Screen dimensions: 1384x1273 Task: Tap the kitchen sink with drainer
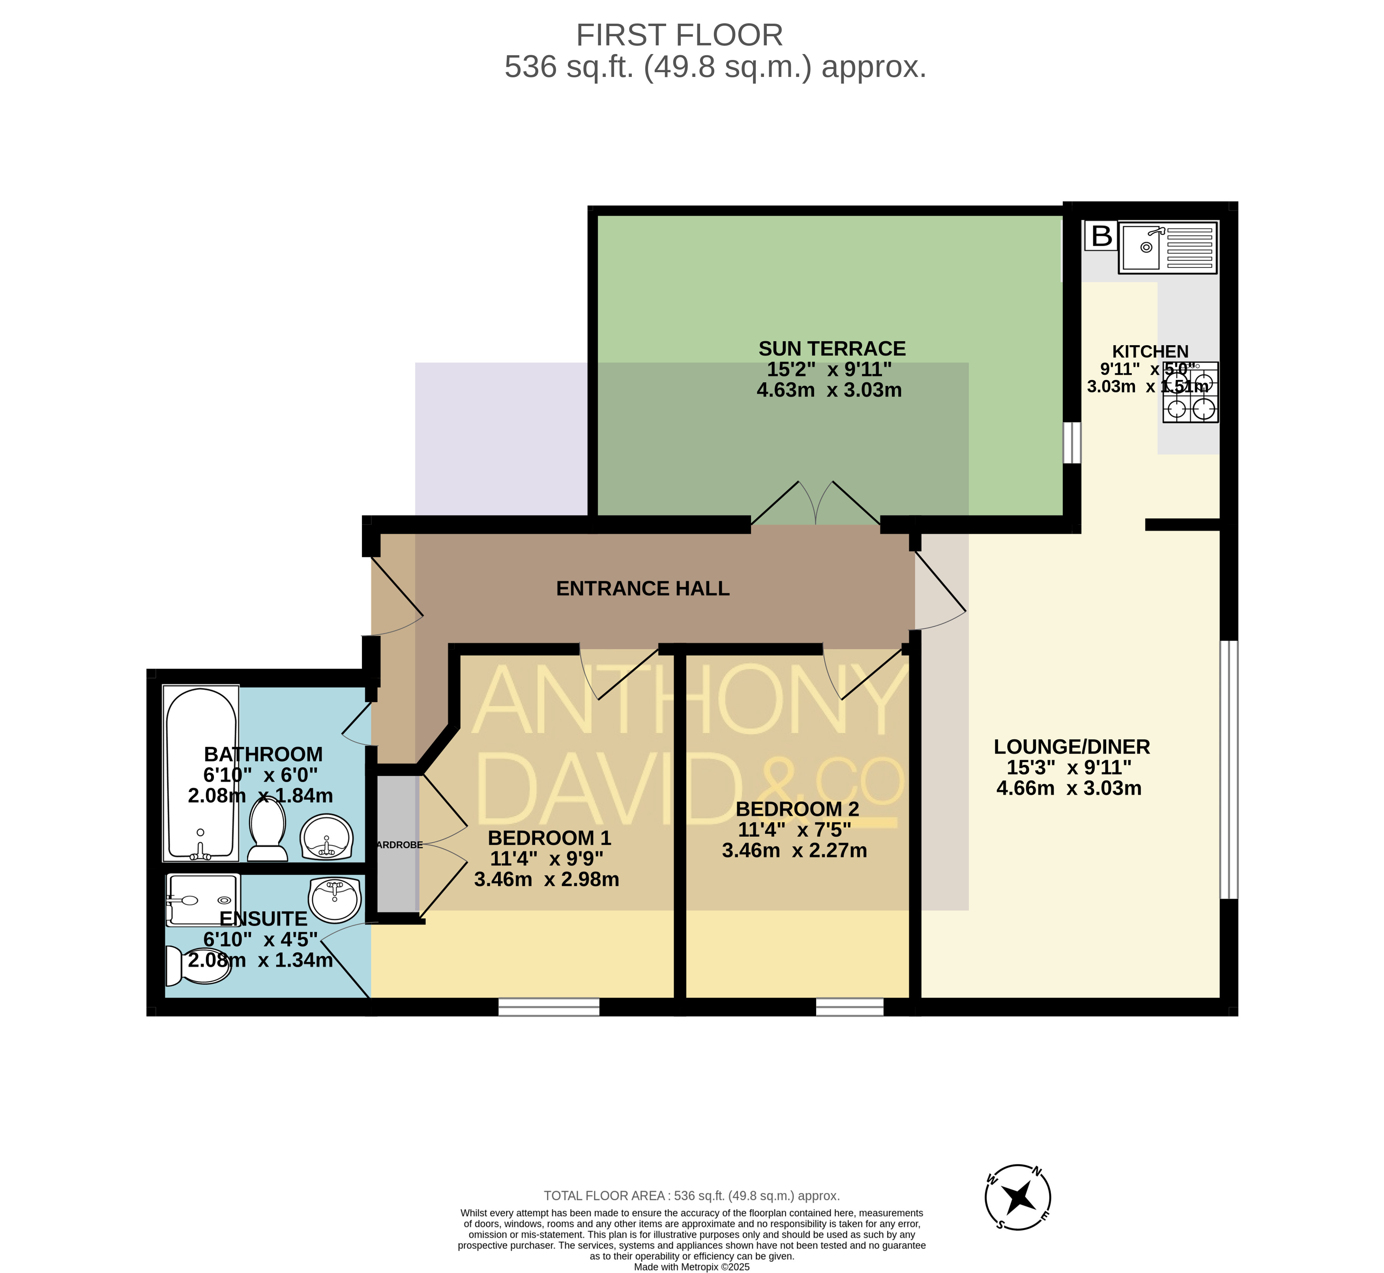pos(1168,247)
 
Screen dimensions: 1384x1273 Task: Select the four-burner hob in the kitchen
pos(1190,392)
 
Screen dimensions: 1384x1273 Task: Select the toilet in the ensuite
pos(198,965)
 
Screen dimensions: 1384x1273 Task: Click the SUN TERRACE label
pos(832,349)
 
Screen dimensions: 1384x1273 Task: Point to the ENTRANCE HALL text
pos(642,588)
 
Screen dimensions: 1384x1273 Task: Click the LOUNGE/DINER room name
pos(1072,747)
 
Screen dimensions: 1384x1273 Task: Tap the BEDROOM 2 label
pos(798,809)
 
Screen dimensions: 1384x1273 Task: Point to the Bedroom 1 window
pos(549,1007)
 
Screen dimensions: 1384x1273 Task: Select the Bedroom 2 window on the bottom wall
pos(849,1007)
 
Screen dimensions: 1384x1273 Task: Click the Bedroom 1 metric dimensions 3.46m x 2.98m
pos(547,880)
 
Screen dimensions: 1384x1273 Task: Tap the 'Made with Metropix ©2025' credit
pos(691,1267)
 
